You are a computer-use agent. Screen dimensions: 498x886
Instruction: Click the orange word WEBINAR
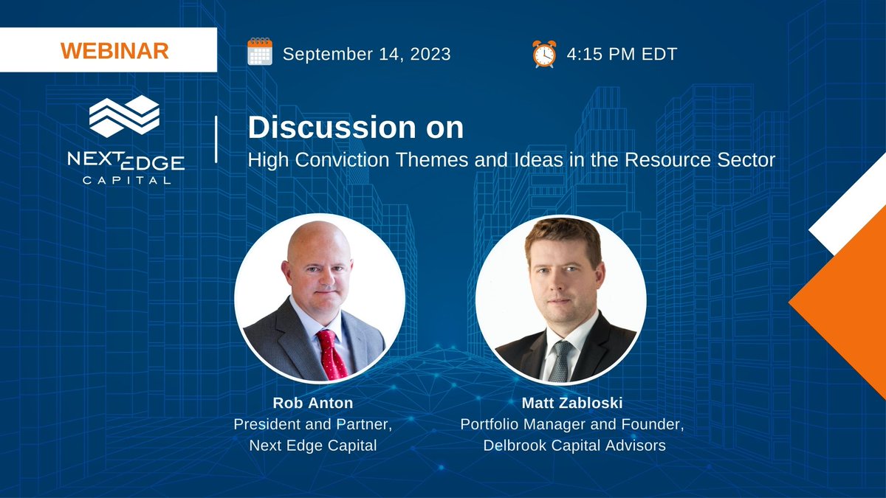114,51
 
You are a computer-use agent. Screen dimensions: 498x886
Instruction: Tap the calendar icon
260,53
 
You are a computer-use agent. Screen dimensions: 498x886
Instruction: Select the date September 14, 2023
366,54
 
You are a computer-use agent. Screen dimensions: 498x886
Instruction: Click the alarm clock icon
543,54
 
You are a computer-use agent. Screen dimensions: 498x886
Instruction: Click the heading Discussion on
356,128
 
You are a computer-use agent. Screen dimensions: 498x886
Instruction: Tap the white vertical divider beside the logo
216,139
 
